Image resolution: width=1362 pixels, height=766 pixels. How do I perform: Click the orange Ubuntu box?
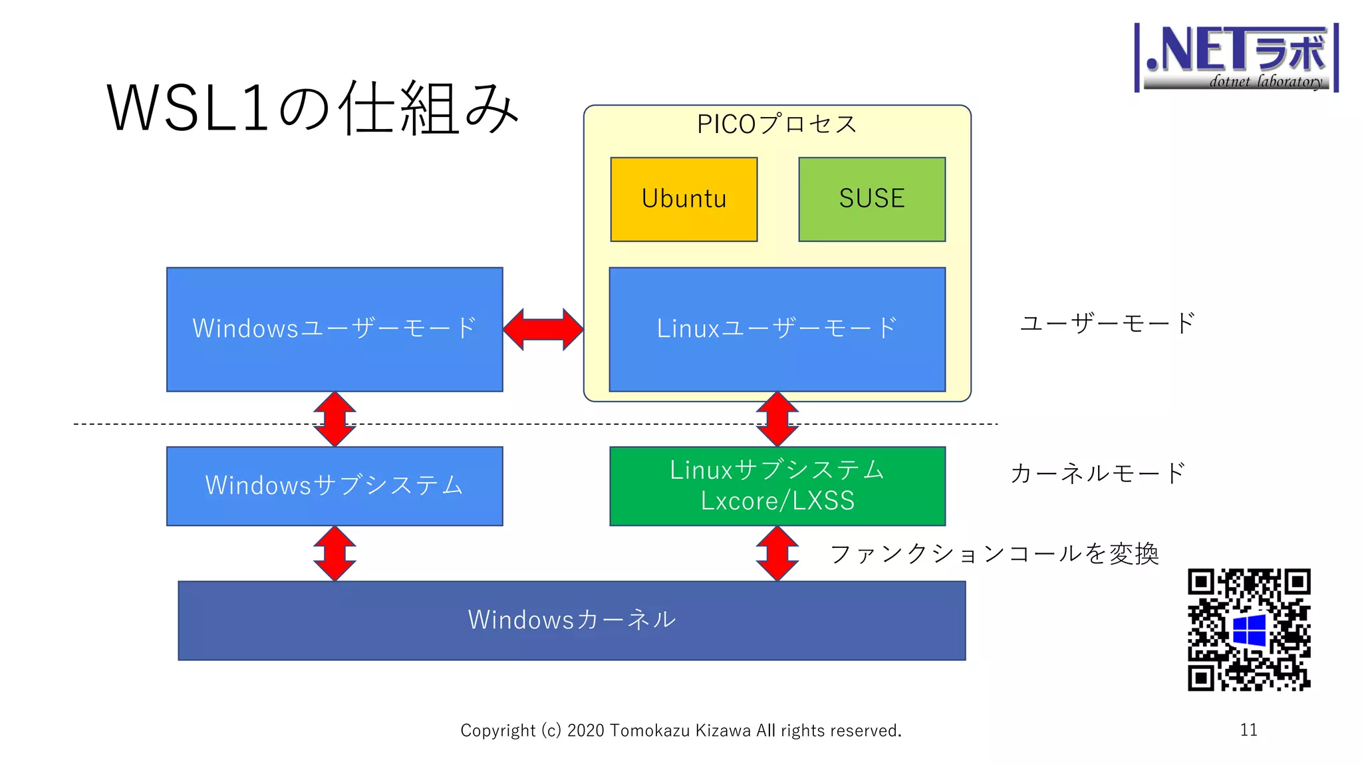pos(684,199)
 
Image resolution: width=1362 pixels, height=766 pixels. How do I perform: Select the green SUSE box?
pos(871,199)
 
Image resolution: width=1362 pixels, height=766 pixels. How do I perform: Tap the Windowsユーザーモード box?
pos(335,329)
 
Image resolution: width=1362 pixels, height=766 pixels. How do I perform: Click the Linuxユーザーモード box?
pos(777,329)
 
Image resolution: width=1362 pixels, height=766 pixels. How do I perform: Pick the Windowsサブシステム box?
pos(335,485)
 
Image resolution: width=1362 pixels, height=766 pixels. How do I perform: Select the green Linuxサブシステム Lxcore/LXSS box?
pos(777,485)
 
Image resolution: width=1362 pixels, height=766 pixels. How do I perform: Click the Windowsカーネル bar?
pos(571,620)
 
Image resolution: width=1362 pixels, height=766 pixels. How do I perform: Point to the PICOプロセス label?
pos(776,124)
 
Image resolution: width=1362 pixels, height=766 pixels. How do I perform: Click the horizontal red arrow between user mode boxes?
pos(543,329)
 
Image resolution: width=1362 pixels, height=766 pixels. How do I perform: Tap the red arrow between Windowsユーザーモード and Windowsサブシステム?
pos(335,419)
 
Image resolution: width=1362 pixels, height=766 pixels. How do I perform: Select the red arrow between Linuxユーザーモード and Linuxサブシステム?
pos(777,419)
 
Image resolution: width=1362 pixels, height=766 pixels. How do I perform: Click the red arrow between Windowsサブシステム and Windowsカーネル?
pos(335,553)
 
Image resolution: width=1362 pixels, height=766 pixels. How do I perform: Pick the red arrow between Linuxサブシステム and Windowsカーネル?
pos(777,553)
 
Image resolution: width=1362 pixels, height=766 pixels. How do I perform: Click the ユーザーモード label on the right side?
pos(1107,323)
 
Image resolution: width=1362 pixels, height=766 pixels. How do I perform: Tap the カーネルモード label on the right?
pos(1097,473)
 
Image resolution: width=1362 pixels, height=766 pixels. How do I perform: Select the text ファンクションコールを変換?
pos(994,553)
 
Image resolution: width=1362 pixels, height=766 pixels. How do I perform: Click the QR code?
pos(1249,629)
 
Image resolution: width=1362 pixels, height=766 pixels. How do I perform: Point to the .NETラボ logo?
pos(1236,57)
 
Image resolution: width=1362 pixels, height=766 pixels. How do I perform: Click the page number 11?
pos(1248,729)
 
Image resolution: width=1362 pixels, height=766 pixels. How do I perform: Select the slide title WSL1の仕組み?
pos(313,108)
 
